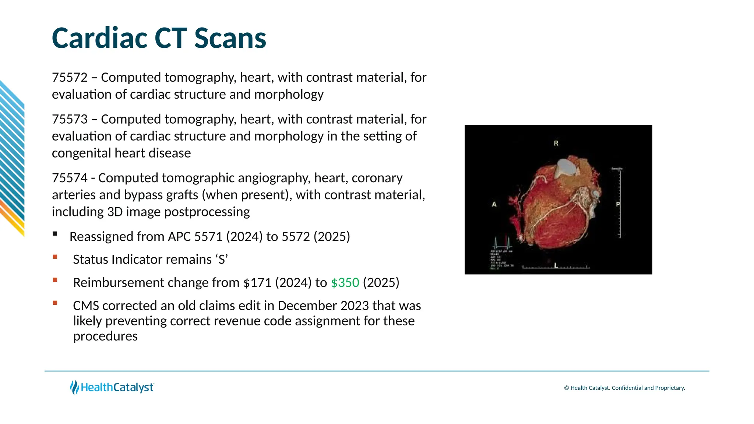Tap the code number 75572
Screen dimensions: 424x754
70,78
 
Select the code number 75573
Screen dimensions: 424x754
70,119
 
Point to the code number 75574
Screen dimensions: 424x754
70,178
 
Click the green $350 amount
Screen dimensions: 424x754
345,283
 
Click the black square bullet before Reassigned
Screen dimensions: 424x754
55,234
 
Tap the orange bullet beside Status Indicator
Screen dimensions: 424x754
55,257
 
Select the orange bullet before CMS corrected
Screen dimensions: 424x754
55,303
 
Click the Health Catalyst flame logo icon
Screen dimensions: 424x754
74,387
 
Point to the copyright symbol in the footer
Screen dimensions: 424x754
567,388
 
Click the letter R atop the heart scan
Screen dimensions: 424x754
556,143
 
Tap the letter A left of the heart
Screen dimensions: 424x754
494,204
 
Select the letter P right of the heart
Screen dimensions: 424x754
618,204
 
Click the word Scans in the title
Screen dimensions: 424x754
230,38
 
